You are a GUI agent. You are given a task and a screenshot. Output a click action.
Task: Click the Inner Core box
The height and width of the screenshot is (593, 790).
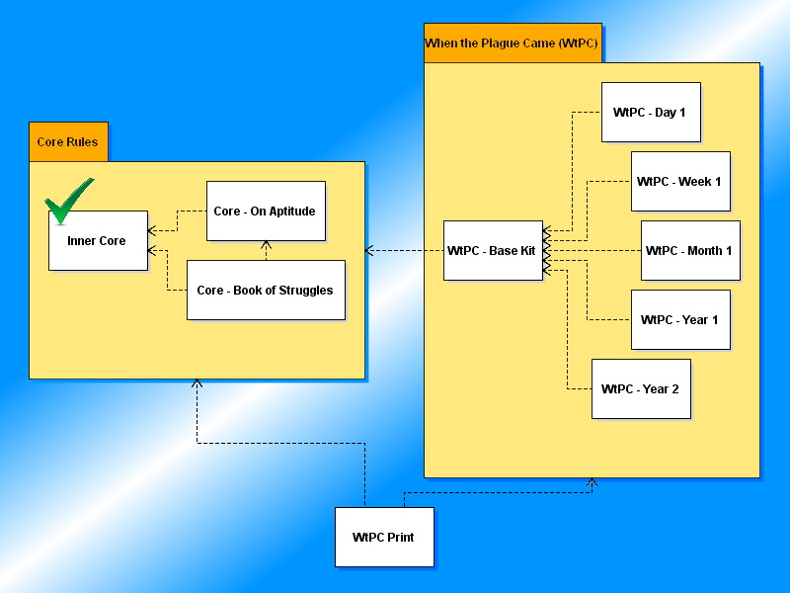point(98,241)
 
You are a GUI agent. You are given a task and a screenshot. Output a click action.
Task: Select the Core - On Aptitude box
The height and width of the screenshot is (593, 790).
point(266,212)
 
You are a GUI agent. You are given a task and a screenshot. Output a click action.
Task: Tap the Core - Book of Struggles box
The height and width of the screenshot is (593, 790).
point(266,291)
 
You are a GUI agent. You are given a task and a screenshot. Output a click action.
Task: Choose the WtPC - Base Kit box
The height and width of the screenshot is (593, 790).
point(493,251)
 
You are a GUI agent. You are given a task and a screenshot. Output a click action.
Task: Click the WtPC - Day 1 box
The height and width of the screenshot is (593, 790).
point(651,113)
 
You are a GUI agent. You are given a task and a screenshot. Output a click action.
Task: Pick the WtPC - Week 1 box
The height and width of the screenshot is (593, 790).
point(680,182)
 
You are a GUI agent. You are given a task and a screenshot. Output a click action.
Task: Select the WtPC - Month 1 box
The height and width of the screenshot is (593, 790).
point(690,251)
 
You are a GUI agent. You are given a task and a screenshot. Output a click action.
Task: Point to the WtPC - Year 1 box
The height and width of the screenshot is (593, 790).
point(680,320)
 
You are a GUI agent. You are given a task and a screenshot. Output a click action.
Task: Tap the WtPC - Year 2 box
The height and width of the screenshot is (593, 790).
point(641,389)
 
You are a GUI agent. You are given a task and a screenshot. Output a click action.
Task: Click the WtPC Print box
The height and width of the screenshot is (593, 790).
point(384,538)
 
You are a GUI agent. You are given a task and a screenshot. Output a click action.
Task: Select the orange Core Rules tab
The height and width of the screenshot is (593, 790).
point(68,142)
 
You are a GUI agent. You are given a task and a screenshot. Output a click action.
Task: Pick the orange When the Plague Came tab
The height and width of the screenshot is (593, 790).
point(513,43)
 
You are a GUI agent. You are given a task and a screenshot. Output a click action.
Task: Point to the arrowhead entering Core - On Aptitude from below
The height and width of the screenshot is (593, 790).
point(266,245)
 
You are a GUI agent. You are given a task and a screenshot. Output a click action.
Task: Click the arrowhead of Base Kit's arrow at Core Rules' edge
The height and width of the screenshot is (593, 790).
point(370,251)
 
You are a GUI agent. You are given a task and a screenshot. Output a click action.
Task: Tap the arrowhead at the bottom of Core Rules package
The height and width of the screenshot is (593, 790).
point(197,383)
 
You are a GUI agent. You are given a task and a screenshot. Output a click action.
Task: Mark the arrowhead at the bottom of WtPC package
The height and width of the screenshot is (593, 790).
point(592,482)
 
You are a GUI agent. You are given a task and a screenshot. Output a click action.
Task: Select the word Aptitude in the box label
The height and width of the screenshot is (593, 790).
point(290,212)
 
